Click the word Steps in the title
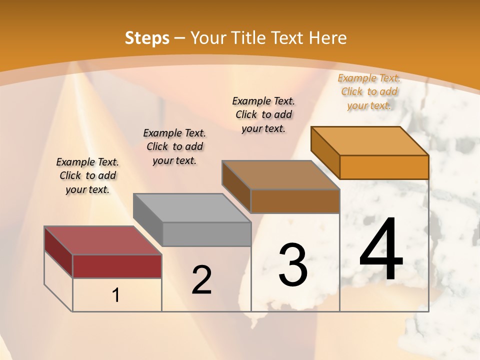click(147, 38)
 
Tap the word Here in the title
click(327, 38)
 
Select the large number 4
click(381, 249)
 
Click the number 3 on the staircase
click(293, 265)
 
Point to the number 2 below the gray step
click(201, 280)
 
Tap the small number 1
click(116, 295)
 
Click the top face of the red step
click(102, 240)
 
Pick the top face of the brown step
click(280, 175)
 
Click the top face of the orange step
click(369, 141)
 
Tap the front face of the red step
click(117, 266)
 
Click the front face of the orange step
click(384, 167)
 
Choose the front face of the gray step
click(206, 234)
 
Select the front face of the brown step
click(295, 201)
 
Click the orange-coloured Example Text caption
click(369, 91)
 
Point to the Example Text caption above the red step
click(87, 175)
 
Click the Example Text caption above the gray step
click(174, 146)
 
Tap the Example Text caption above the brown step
click(263, 114)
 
